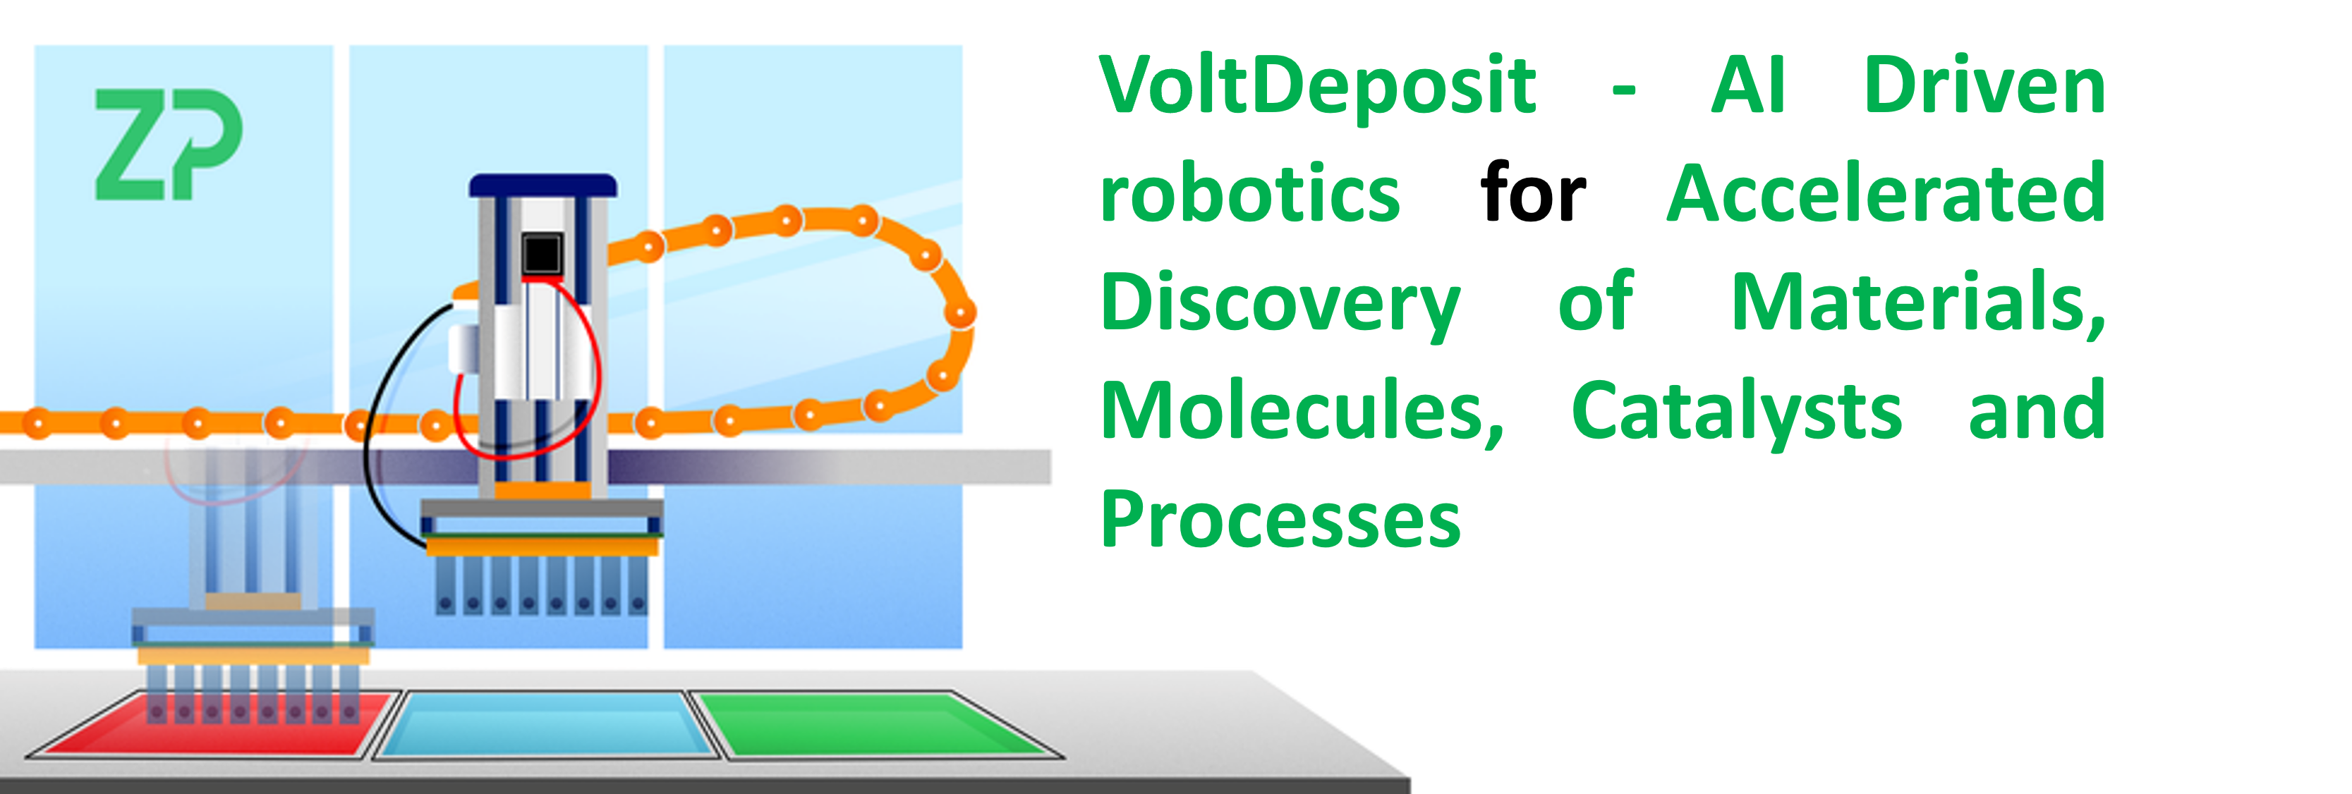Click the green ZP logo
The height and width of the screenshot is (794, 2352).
[x=169, y=143]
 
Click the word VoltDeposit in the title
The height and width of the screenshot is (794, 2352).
[x=1319, y=86]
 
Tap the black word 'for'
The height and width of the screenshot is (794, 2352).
[x=1533, y=193]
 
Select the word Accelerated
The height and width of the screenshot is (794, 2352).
[x=1886, y=193]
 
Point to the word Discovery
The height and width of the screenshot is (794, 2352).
[x=1280, y=303]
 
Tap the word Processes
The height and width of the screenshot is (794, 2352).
[x=1280, y=520]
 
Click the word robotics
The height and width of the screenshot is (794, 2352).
[x=1250, y=193]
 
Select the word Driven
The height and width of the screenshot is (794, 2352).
[x=1984, y=86]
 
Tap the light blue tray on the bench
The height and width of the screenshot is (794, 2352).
[x=546, y=726]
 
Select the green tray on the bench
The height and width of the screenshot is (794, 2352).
[x=872, y=726]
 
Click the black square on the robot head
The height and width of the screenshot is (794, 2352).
[x=541, y=254]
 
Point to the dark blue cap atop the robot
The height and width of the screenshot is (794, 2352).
[x=542, y=186]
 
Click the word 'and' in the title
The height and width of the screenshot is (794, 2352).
[x=2036, y=412]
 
